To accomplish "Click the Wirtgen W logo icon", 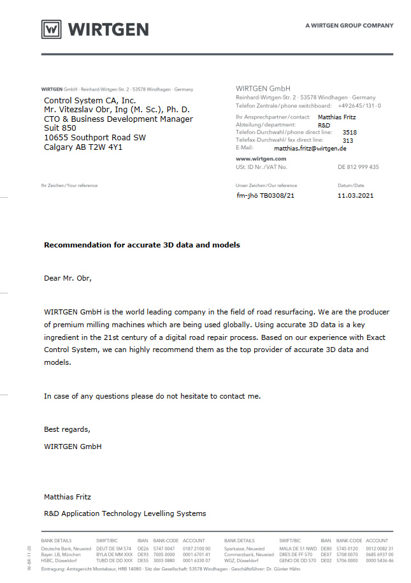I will pos(52,29).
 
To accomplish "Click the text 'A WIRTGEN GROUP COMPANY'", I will pos(349,26).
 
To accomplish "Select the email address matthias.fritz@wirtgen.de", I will pos(310,148).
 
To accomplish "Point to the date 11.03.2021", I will pos(356,195).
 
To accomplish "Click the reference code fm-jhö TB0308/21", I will pos(266,195).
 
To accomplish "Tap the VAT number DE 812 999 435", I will pos(358,167).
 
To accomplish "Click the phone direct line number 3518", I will pos(350,132).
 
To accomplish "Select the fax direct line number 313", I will pos(348,140).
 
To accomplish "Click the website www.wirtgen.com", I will pos(261,158).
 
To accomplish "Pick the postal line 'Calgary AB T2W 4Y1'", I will pos(83,147).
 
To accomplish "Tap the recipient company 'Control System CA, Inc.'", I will pos(90,101).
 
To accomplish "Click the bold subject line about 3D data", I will pos(142,245).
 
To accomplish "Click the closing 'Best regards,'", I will pos(67,429).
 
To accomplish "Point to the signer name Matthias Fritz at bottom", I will pos(68,496).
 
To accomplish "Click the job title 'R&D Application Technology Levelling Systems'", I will pos(125,513).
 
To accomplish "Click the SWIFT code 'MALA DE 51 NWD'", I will pos(298,549).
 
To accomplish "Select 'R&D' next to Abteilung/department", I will pos(324,125).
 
